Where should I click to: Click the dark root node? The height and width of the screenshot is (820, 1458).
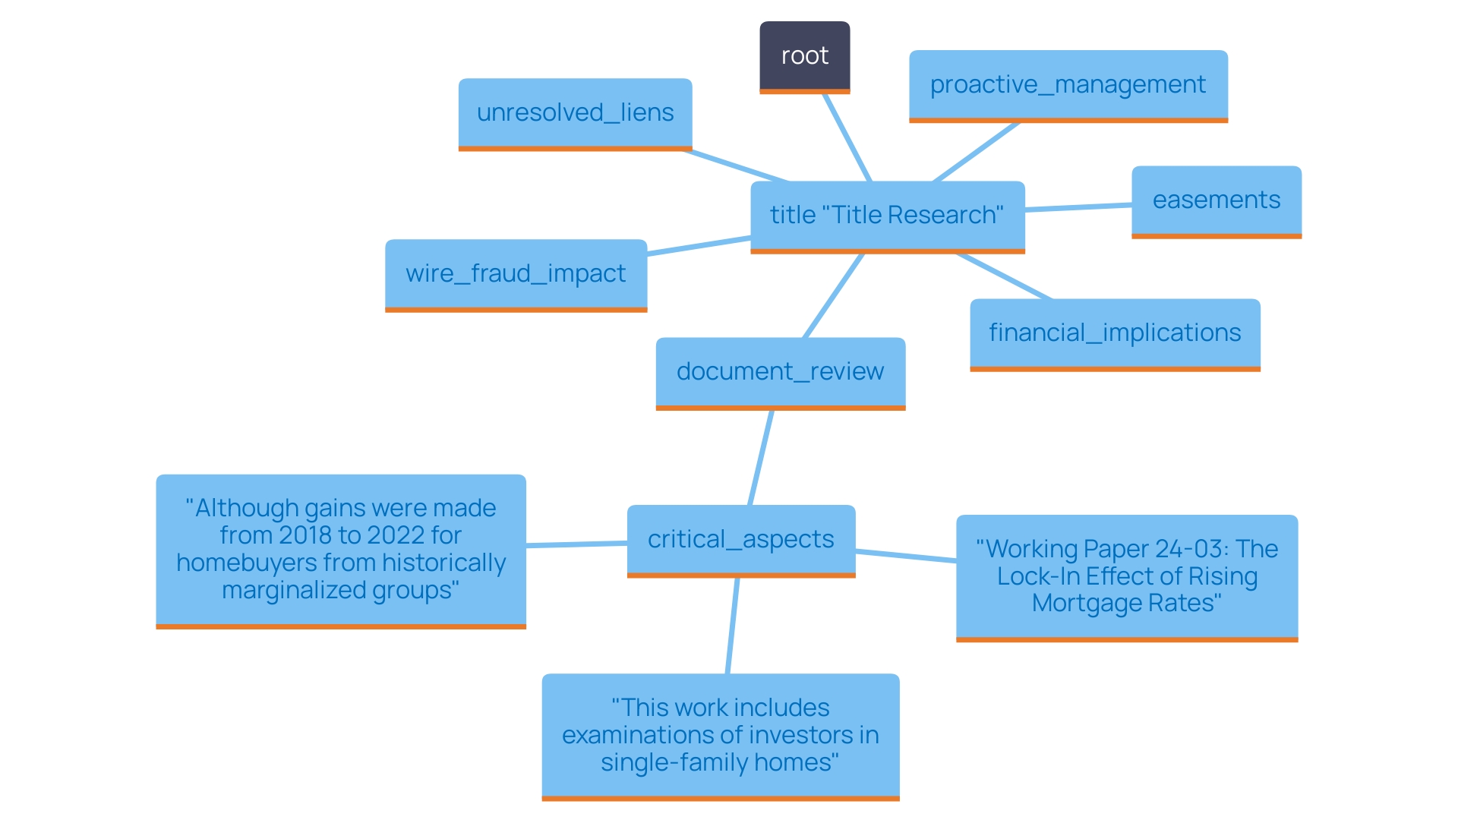point(804,56)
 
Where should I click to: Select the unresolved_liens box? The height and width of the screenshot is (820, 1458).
point(575,113)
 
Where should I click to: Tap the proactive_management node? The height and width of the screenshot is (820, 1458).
point(1068,85)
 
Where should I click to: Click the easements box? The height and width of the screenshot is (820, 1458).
point(1216,200)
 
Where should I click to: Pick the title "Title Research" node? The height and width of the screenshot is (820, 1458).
point(887,216)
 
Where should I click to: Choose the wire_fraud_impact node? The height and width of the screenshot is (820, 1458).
point(516,274)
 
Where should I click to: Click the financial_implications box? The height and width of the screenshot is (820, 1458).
point(1115,333)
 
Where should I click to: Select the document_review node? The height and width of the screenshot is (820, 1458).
point(780,372)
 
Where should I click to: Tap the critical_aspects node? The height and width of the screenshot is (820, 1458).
point(740,540)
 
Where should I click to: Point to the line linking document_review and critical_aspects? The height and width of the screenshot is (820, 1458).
point(761,458)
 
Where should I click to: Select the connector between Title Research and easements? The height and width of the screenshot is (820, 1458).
point(1078,207)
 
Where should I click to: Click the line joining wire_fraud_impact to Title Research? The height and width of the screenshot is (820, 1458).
point(699,247)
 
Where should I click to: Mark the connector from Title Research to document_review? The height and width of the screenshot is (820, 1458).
point(834,296)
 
